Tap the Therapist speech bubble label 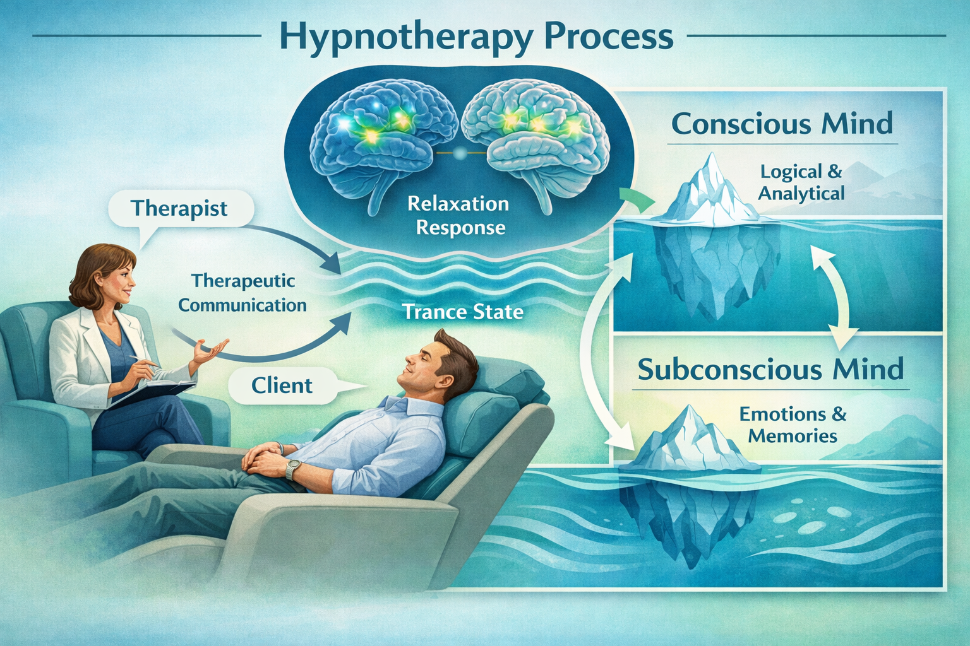179,208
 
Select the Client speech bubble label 282,385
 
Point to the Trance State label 463,312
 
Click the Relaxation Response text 458,215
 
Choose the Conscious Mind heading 782,124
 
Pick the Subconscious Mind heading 770,369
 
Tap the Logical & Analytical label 801,182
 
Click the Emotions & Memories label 793,425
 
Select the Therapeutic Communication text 242,293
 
